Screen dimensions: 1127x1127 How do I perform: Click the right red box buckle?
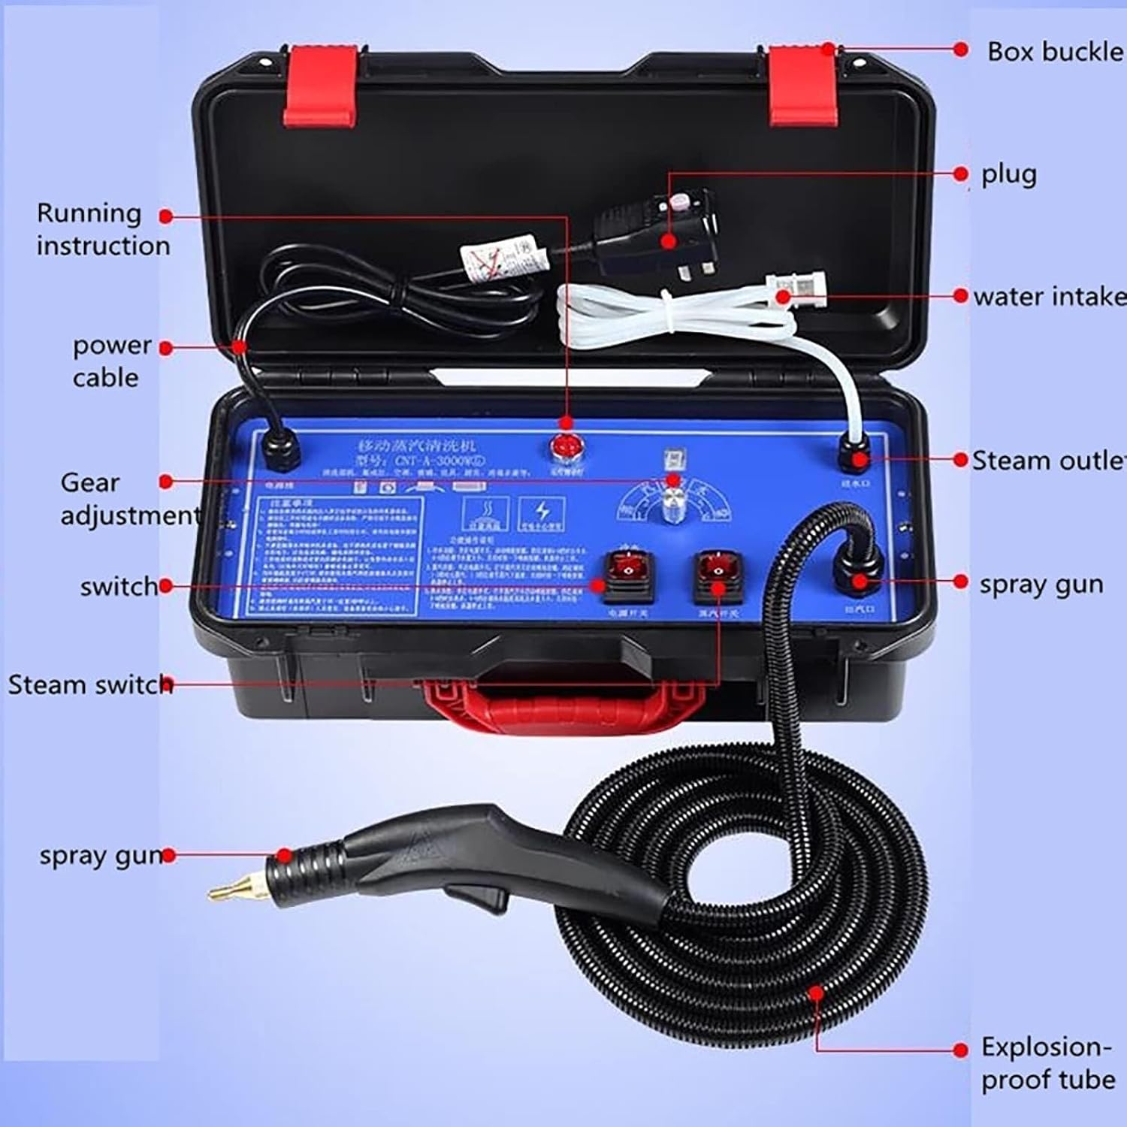click(x=802, y=84)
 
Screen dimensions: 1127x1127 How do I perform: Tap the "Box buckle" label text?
click(x=1054, y=52)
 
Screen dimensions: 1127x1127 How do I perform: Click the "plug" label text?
click(x=1008, y=174)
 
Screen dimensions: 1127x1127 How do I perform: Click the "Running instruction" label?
click(x=102, y=229)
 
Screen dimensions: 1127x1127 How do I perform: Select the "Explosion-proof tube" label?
click(x=1047, y=1063)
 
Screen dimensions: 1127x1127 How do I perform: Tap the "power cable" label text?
click(x=110, y=361)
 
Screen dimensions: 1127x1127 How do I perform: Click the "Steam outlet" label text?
click(x=1049, y=461)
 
